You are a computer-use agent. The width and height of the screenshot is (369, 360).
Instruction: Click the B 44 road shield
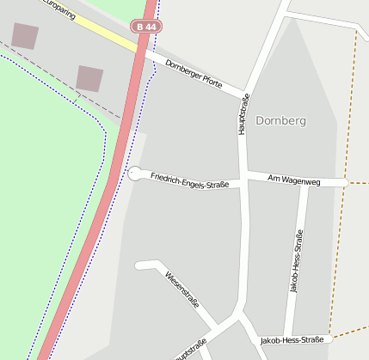(145, 27)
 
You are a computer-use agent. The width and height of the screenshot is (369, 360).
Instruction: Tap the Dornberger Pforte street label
(194, 75)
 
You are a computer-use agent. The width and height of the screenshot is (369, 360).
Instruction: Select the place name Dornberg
(280, 121)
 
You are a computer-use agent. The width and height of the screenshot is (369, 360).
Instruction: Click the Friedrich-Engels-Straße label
(189, 180)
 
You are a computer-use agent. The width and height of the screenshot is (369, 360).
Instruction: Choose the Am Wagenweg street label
(294, 179)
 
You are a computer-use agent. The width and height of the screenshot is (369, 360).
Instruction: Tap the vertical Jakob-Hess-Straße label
(297, 261)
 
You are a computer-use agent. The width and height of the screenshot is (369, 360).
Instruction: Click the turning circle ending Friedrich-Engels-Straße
(135, 174)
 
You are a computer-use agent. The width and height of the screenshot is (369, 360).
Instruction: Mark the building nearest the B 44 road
(89, 78)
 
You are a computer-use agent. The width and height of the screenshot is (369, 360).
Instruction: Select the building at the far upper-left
(25, 35)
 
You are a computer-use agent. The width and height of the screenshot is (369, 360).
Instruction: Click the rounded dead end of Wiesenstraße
(139, 265)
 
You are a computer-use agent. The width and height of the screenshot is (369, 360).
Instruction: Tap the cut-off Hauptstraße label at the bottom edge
(190, 351)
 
